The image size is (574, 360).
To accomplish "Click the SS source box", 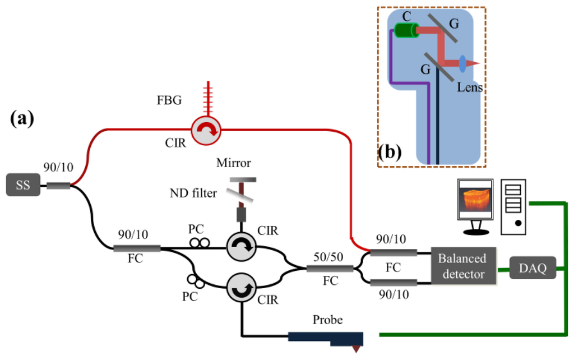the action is pyautogui.click(x=23, y=184).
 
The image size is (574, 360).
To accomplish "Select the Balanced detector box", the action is pyautogui.click(x=464, y=266).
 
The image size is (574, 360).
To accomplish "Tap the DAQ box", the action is pyautogui.click(x=533, y=267).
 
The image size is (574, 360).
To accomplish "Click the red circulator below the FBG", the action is pyautogui.click(x=206, y=131).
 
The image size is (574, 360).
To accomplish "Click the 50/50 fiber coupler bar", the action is pyautogui.click(x=330, y=269).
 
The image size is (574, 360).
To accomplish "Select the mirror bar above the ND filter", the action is pyautogui.click(x=243, y=179).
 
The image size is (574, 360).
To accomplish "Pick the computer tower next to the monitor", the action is pyautogui.click(x=513, y=206).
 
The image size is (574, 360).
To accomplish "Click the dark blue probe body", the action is pyautogui.click(x=326, y=338).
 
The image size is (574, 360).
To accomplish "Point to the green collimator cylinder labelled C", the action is pyautogui.click(x=406, y=30).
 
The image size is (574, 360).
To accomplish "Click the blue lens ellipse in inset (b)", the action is pyautogui.click(x=462, y=63).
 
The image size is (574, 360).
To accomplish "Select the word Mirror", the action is pyautogui.click(x=234, y=163).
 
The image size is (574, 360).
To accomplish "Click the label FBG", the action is pyautogui.click(x=169, y=100).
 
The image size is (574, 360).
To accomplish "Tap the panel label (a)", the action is pyautogui.click(x=22, y=119).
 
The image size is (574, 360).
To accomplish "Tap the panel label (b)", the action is pyautogui.click(x=390, y=152).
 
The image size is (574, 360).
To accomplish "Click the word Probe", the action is pyautogui.click(x=327, y=320).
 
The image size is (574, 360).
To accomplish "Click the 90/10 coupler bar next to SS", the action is pyautogui.click(x=58, y=186).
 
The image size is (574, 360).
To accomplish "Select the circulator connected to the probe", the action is pyautogui.click(x=241, y=288).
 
